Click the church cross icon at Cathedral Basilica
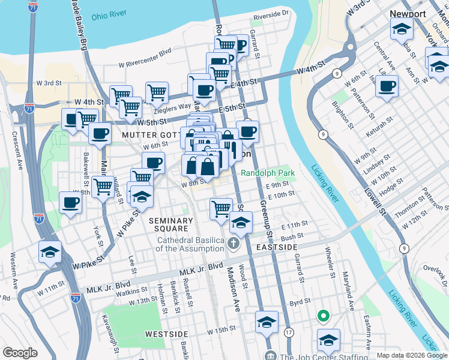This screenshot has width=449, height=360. (233, 244)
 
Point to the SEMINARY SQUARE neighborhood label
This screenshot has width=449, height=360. (171, 225)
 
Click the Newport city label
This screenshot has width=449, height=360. (408, 13)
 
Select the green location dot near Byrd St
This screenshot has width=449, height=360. (323, 315)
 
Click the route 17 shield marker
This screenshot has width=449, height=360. (289, 332)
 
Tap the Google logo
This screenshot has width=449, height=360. (20, 353)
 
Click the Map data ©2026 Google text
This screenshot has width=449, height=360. (411, 355)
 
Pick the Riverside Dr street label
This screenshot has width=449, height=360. (271, 13)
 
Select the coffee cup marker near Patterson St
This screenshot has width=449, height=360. (387, 85)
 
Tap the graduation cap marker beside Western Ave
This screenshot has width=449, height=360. (50, 252)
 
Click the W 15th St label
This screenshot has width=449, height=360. (221, 331)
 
